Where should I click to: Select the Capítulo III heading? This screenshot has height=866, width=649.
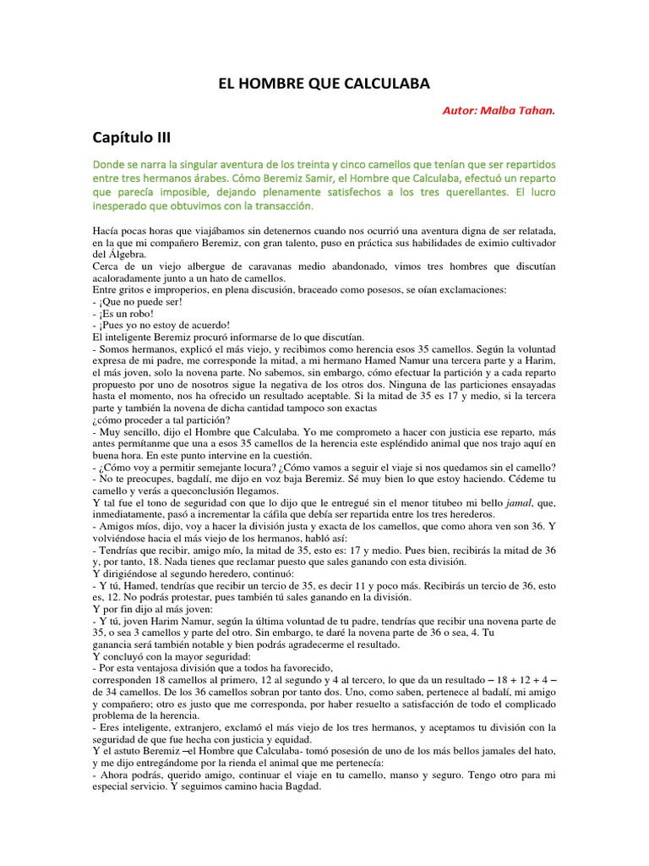click(x=135, y=138)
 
